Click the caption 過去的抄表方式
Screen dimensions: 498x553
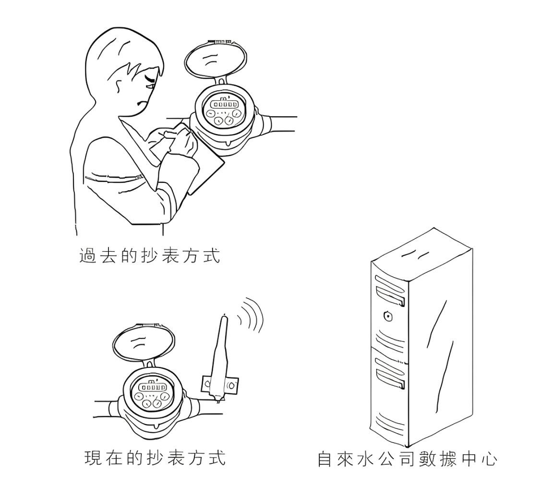[x=149, y=256]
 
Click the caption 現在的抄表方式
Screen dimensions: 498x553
[x=155, y=457]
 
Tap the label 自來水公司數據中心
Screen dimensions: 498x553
[x=407, y=459]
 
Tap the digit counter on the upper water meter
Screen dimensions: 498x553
[x=225, y=104]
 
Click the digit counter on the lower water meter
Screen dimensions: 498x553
[x=153, y=387]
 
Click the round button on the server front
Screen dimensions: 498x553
[x=388, y=316]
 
